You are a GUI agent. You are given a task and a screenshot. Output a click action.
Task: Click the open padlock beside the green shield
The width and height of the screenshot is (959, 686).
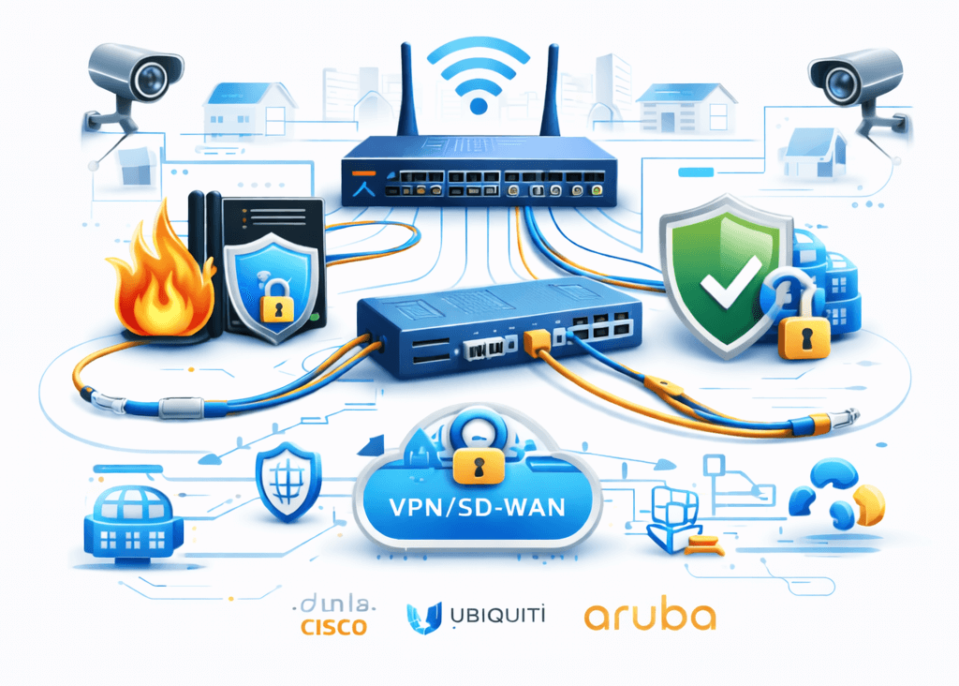click(x=803, y=329)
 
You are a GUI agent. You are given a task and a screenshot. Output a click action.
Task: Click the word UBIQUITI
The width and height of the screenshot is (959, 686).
click(x=493, y=616)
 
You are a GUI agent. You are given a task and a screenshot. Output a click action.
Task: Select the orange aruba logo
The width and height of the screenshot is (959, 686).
click(x=650, y=616)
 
